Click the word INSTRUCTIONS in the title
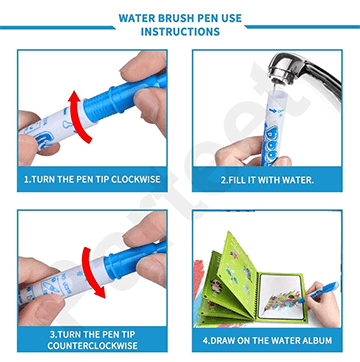coord(180,32)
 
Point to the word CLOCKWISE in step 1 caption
coord(136,180)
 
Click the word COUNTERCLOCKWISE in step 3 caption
coord(92,346)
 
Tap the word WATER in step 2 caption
coord(298,180)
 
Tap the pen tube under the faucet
coord(272,128)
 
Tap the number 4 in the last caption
coord(205,341)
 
